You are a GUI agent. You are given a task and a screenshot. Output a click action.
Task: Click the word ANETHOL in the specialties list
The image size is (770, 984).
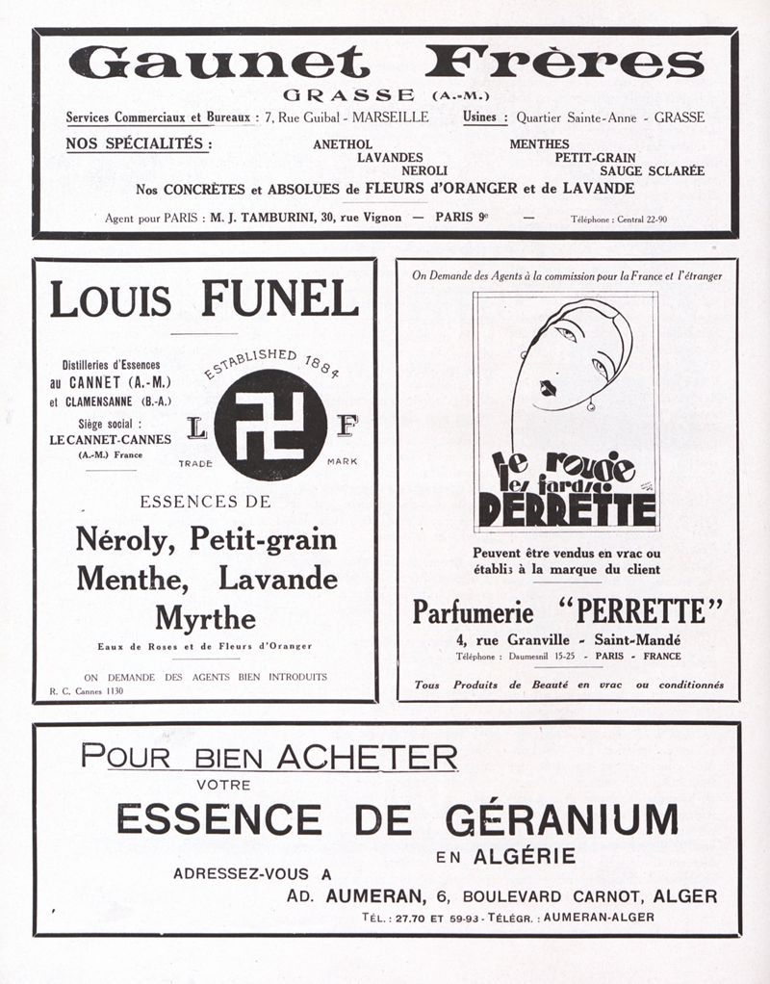pos(343,144)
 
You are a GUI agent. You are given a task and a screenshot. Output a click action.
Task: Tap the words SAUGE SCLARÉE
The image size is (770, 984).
pos(653,170)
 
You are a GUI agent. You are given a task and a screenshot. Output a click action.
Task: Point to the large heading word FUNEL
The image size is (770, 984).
pos(279,298)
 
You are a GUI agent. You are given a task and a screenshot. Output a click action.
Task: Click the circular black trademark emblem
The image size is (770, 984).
pos(270,425)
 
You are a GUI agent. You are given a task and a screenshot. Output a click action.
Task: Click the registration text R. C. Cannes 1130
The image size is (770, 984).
pos(88,690)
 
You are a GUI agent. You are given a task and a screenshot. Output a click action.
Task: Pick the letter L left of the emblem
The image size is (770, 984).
pos(193,423)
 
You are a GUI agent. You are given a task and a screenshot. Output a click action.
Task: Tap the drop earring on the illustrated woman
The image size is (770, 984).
pos(590,404)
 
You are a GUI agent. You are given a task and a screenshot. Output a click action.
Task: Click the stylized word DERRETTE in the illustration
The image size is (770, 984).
pos(567,508)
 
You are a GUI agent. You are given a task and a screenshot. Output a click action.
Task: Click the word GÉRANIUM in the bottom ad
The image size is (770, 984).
pos(561,818)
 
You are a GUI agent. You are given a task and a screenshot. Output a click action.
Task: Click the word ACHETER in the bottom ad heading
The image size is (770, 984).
pos(367,757)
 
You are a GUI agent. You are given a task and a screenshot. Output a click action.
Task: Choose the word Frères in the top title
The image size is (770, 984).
pos(564,65)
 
